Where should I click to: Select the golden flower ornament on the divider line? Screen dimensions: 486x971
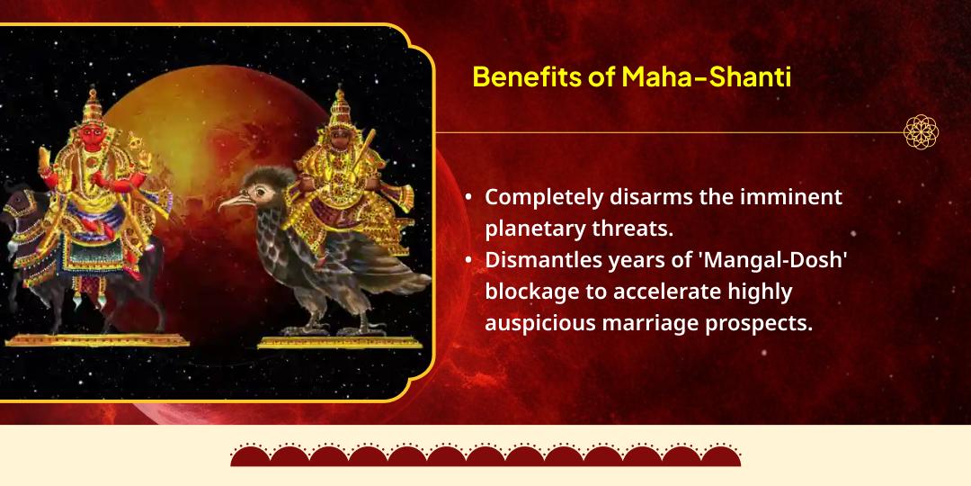921,132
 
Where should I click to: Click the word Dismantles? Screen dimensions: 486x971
547,260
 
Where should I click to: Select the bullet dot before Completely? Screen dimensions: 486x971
469,198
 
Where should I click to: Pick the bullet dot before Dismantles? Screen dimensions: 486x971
469,260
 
